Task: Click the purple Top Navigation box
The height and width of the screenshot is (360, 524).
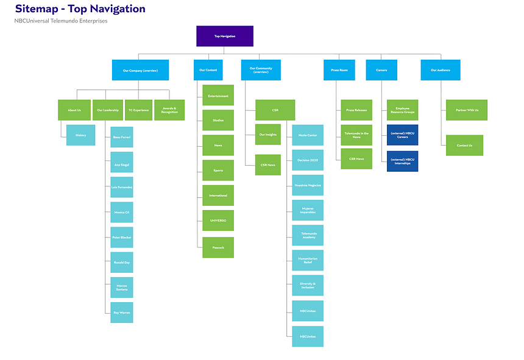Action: (224, 36)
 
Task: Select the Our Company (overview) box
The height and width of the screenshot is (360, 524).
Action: (140, 70)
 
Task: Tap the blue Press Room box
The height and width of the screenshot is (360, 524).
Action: (339, 70)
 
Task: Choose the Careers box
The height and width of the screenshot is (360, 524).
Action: (381, 70)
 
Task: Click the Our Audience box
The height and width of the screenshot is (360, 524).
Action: (440, 70)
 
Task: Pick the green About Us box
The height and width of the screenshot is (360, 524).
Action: (74, 110)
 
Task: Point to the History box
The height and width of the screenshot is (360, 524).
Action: (81, 135)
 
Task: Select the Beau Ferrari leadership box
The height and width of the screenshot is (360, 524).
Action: (122, 138)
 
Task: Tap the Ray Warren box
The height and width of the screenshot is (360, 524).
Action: (122, 312)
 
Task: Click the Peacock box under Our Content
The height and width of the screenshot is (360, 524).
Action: (218, 247)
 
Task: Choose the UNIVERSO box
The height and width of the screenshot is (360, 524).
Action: (218, 221)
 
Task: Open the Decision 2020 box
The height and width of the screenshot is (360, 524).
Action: (308, 160)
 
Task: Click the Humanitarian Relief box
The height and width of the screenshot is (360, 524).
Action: (308, 260)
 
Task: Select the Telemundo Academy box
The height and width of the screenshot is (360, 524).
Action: (308, 235)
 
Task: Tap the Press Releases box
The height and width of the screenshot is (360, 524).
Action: (356, 110)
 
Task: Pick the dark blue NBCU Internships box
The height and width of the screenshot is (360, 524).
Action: (402, 161)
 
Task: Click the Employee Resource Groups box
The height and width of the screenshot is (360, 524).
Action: (402, 110)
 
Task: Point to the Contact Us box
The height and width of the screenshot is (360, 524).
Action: (464, 146)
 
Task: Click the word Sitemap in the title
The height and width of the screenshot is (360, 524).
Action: (36, 9)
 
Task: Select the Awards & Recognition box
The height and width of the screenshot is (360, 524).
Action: (169, 110)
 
